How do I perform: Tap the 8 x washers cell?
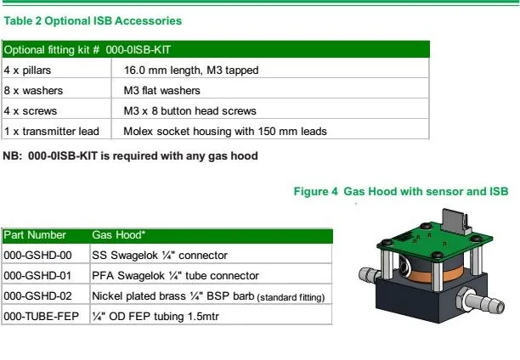(x=33, y=91)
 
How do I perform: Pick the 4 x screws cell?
(x=31, y=111)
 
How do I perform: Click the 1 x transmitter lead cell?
(x=52, y=132)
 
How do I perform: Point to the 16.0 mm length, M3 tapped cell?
(x=190, y=70)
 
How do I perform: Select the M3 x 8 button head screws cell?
(x=189, y=111)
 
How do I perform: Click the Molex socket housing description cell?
(x=224, y=132)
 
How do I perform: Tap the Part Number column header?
(x=35, y=233)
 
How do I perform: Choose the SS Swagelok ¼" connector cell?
(x=159, y=255)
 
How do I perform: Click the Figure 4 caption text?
(x=400, y=192)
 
